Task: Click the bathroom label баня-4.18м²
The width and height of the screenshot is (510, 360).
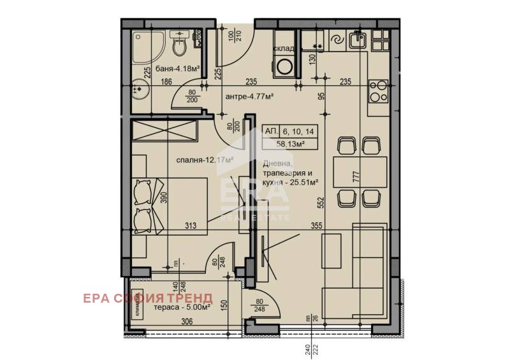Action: pyautogui.click(x=178, y=68)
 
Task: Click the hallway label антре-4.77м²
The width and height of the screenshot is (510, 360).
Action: pyautogui.click(x=249, y=97)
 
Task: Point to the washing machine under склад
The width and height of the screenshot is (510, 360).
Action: pyautogui.click(x=283, y=65)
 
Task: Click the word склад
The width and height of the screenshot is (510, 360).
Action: pyautogui.click(x=284, y=48)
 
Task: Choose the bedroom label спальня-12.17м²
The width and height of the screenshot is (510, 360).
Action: pyautogui.click(x=205, y=160)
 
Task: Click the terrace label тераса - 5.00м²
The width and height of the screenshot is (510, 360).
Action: pyautogui.click(x=182, y=306)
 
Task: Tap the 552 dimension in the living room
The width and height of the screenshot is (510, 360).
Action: pyautogui.click(x=322, y=203)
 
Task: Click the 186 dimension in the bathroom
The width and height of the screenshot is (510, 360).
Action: pyautogui.click(x=167, y=82)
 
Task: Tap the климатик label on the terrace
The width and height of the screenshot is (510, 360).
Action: pyautogui.click(x=138, y=308)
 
